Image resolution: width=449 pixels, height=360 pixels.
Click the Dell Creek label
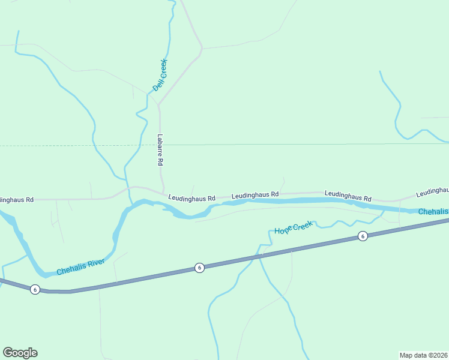[x=160, y=75]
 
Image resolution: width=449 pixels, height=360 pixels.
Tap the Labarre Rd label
[x=160, y=149]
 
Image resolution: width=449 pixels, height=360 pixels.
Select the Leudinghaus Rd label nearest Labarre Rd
[x=191, y=197]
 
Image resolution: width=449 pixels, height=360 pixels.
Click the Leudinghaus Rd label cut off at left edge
[x=17, y=199]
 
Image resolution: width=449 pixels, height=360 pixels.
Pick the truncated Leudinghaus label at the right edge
[x=432, y=191]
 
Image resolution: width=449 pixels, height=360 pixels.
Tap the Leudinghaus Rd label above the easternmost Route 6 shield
[x=348, y=196]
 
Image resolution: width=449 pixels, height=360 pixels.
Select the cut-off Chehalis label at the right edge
[x=433, y=212]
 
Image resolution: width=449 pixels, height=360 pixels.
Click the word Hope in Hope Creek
[x=283, y=230]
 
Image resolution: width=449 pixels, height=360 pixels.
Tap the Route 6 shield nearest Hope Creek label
[x=363, y=236]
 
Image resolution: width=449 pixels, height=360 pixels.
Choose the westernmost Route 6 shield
[x=35, y=289]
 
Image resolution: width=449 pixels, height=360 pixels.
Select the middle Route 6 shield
[x=199, y=268]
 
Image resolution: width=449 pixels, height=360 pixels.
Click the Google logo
[x=20, y=353]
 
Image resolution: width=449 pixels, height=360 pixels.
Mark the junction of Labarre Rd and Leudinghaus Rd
[x=163, y=192]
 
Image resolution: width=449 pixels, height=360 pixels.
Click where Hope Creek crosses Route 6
[x=260, y=256]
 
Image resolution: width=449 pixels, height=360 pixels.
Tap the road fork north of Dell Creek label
[x=202, y=48]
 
